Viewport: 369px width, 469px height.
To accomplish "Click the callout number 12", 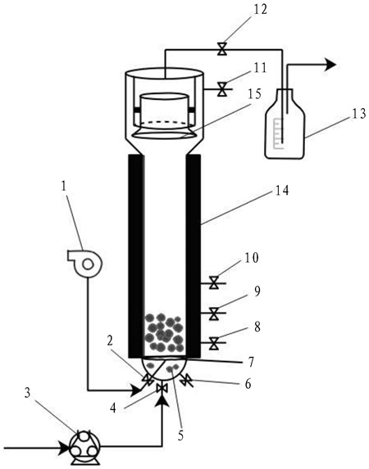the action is coord(259,9).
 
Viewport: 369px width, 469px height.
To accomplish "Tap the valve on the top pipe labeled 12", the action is coord(222,49).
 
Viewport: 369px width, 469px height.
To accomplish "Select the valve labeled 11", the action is coord(222,89).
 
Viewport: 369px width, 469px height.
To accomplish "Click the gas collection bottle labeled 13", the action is coord(285,124).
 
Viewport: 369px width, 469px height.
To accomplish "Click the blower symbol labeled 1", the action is coord(85,264).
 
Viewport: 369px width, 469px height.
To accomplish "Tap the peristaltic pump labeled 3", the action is coord(84,448).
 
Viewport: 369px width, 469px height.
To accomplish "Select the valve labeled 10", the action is coord(214,282).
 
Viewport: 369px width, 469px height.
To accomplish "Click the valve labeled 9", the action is coord(214,313).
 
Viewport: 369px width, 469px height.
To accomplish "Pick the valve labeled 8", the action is coord(214,343).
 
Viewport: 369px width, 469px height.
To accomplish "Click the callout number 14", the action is coord(281,191).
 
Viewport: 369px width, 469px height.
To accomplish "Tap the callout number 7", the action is coord(251,363).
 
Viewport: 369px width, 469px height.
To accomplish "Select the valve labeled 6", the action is coord(186,380).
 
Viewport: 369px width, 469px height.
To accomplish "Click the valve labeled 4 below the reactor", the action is coord(162,388).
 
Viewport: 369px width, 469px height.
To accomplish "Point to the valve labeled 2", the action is coord(147,379).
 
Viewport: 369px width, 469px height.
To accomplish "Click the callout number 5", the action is coord(180,435).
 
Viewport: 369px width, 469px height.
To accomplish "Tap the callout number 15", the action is coord(254,93).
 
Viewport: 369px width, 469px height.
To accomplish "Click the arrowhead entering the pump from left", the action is coord(64,448).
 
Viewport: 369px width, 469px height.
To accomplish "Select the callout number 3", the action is coord(28,394).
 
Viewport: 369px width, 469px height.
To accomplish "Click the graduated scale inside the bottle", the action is coord(278,133).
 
